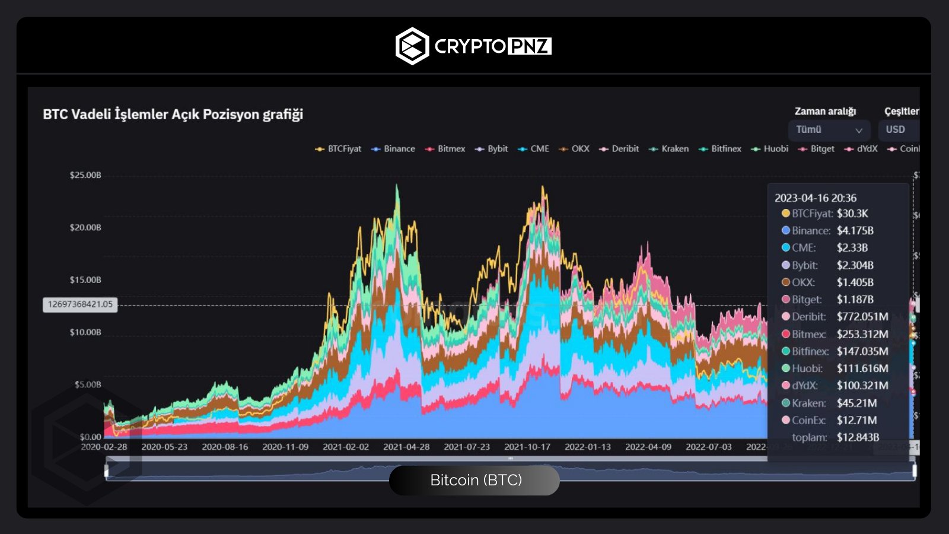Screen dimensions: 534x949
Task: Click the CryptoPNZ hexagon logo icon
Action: (x=412, y=46)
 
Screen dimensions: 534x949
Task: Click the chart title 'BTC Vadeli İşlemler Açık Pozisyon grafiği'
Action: (x=173, y=114)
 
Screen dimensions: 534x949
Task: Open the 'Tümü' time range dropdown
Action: (x=829, y=130)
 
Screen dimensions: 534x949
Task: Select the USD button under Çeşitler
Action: (x=896, y=130)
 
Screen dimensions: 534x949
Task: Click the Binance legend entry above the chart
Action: (x=393, y=149)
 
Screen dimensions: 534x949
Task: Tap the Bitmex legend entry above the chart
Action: (x=445, y=149)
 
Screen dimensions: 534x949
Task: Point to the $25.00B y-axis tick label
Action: (x=85, y=175)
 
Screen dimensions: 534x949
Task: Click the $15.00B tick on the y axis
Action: (x=85, y=279)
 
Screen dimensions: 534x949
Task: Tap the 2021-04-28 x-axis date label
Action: (x=406, y=447)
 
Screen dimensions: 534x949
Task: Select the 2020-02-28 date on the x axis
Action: (x=104, y=447)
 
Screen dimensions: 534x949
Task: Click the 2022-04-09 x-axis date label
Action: (x=648, y=447)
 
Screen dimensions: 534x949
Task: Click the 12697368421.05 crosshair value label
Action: (x=80, y=304)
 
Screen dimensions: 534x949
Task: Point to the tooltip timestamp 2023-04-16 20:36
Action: (x=816, y=198)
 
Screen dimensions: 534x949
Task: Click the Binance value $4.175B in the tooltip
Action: (x=855, y=230)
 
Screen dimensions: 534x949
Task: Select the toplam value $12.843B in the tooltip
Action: (x=858, y=437)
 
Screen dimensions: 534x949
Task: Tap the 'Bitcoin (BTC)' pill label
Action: (x=475, y=480)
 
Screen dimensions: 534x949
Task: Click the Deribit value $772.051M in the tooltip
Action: (x=862, y=317)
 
